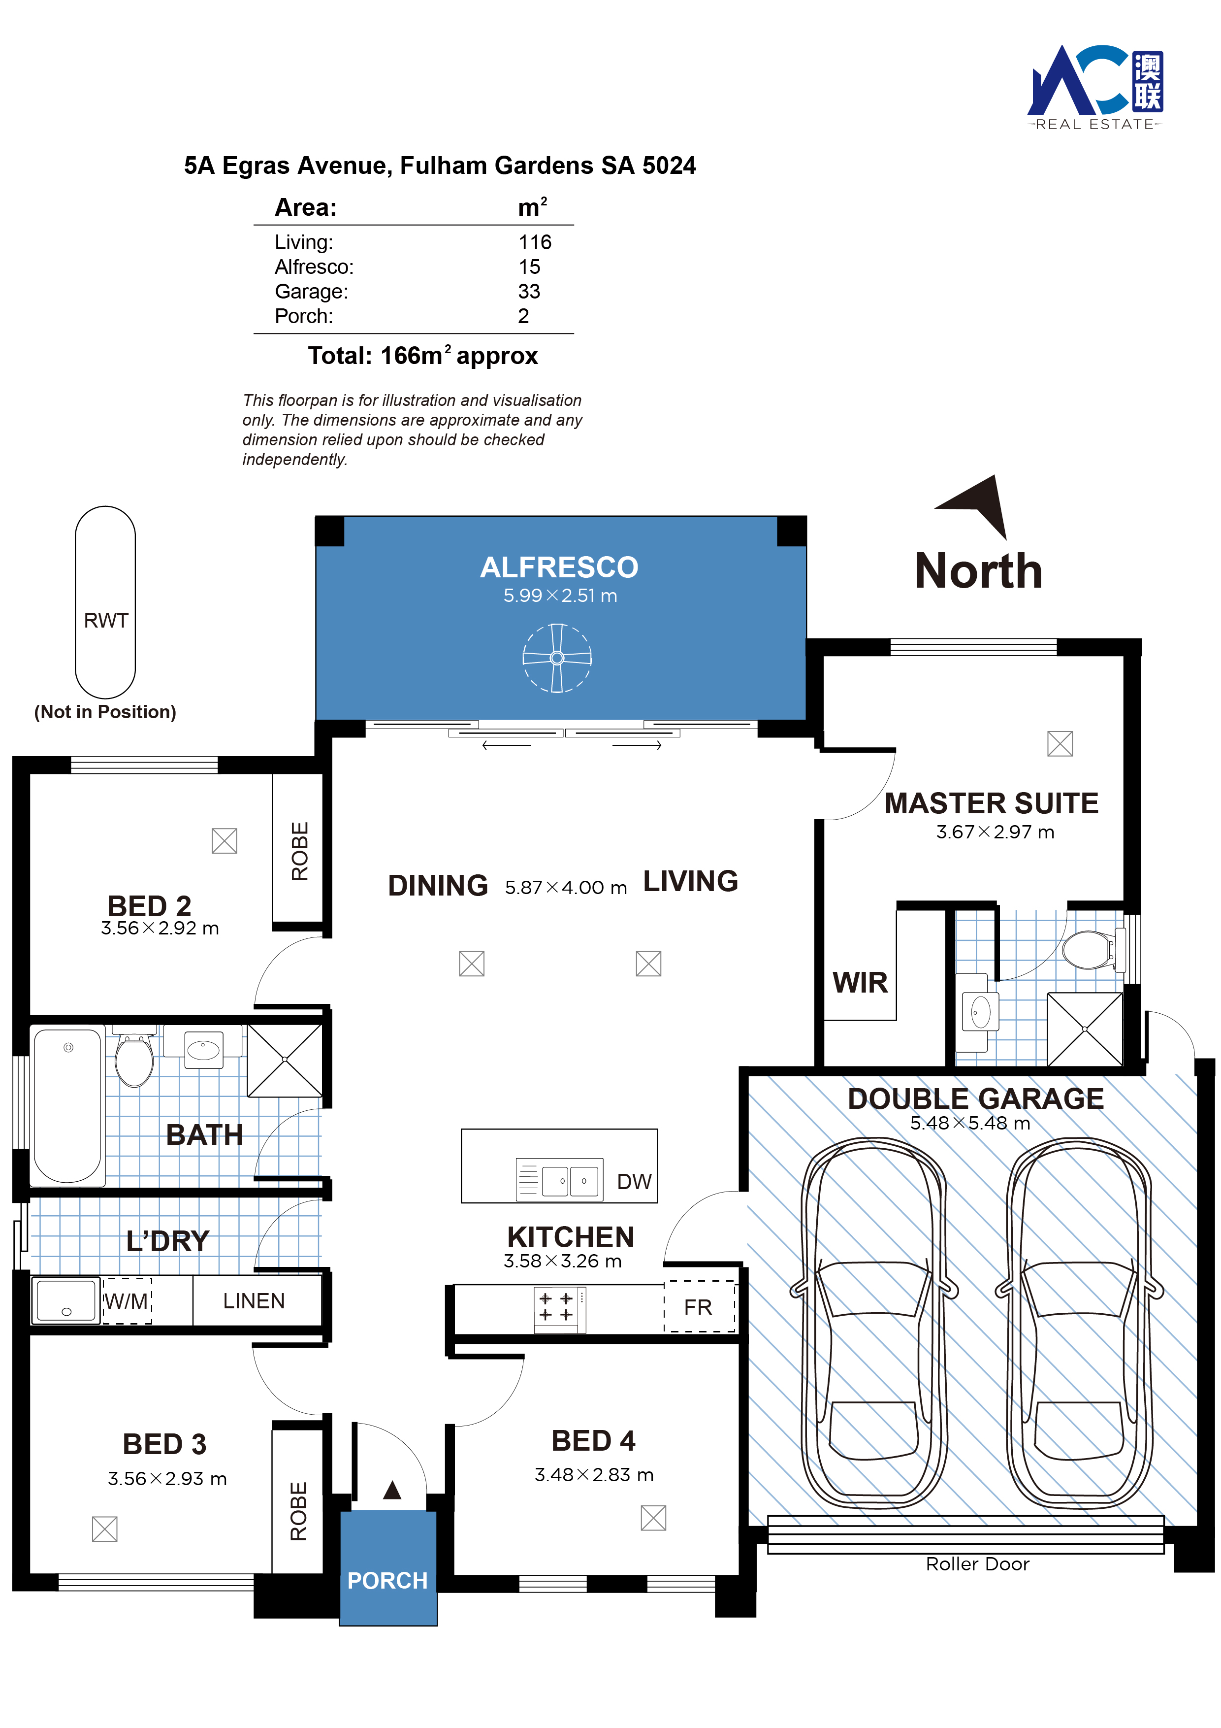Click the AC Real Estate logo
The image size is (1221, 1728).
pyautogui.click(x=1095, y=87)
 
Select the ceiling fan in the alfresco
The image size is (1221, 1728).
pyautogui.click(x=557, y=658)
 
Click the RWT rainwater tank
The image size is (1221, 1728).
pyautogui.click(x=105, y=602)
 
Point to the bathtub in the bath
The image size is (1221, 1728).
pyautogui.click(x=68, y=1105)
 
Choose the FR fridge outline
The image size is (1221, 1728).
pyautogui.click(x=699, y=1306)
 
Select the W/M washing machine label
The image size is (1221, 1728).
pyautogui.click(x=127, y=1300)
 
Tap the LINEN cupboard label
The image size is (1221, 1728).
pyautogui.click(x=254, y=1300)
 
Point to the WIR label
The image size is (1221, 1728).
pyautogui.click(x=860, y=982)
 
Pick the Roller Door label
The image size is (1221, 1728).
pyautogui.click(x=977, y=1564)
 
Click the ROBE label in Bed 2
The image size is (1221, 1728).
pyautogui.click(x=299, y=850)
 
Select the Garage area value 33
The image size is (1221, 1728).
pyautogui.click(x=529, y=291)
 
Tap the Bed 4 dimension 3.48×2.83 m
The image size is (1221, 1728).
pyautogui.click(x=594, y=1474)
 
